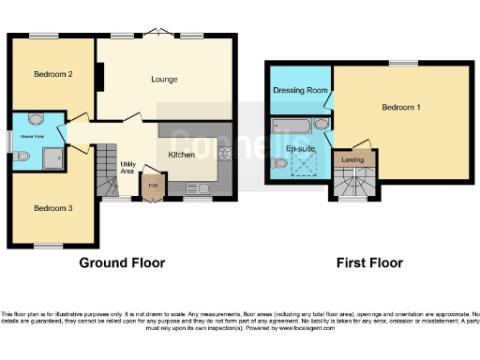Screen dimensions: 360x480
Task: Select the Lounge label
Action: [164, 80]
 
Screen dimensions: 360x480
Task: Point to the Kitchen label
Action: [181, 154]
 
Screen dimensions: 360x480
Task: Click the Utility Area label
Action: [127, 167]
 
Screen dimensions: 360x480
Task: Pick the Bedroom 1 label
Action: [400, 108]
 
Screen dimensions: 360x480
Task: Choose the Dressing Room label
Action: [299, 90]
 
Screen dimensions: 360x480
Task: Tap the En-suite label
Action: [300, 148]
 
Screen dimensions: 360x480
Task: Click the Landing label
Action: [352, 160]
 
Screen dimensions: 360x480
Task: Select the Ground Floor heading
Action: [122, 263]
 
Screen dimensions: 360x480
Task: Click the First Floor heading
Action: [369, 263]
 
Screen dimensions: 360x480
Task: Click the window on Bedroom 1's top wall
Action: [404, 63]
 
